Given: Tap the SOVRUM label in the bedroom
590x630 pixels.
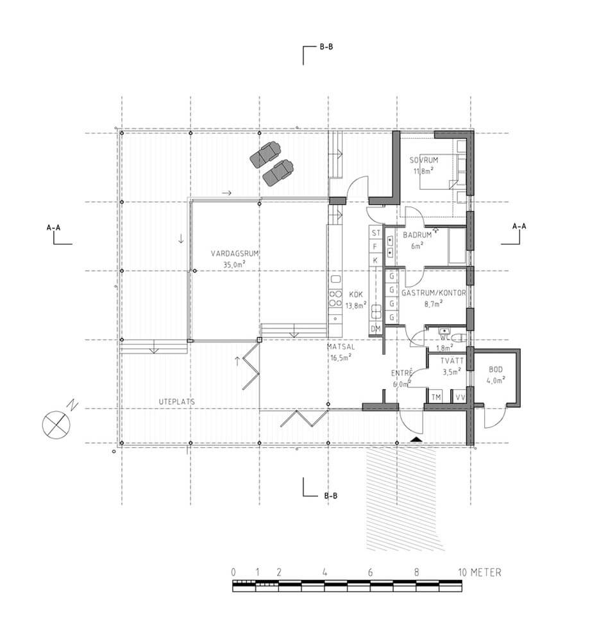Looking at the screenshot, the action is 424,160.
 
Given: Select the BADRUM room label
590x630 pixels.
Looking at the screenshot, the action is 417,235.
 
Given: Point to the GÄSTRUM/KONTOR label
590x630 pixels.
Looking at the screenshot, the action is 434,293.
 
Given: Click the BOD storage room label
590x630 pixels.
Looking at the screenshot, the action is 496,370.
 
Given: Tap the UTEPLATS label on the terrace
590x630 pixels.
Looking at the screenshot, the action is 177,402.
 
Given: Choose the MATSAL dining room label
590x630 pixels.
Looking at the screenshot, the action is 341,346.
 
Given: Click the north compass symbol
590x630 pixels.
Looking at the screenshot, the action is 56,425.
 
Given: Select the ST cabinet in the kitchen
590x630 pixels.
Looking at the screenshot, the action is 376,233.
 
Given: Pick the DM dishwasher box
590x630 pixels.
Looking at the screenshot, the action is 376,329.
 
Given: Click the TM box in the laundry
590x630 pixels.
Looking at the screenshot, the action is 436,397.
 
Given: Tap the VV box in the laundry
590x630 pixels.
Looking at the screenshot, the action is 460,397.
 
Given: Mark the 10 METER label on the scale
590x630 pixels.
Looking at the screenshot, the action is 480,572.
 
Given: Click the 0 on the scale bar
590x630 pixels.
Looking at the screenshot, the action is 233,572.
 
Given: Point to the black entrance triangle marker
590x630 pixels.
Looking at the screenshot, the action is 416,440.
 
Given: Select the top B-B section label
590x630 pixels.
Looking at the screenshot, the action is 326,47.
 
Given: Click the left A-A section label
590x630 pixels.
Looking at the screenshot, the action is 53,227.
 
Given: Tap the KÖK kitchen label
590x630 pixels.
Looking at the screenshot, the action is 356,294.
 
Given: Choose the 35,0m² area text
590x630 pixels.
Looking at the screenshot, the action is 235,264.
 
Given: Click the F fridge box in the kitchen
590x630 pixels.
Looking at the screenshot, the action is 376,247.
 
